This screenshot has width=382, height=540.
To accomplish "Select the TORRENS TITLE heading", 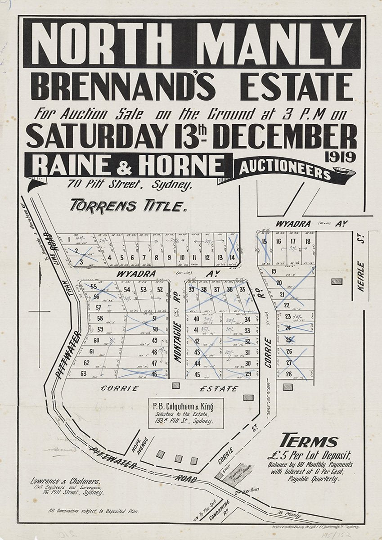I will pyautogui.click(x=128, y=206).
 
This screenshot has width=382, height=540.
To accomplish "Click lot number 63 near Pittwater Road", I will pyautogui.click(x=84, y=373).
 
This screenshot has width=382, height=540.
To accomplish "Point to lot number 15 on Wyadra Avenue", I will pyautogui.click(x=264, y=242).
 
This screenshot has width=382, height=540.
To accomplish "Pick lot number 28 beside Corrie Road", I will pyautogui.click(x=288, y=373).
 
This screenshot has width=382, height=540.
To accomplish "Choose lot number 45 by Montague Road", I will pyautogui.click(x=197, y=374).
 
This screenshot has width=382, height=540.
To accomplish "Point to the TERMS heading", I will pyautogui.click(x=308, y=441).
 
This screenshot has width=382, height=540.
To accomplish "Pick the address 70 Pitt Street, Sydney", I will pyautogui.click(x=130, y=184).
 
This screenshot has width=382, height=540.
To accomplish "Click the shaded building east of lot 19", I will pyautogui.click(x=336, y=281).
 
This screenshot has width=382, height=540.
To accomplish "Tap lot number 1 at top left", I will pyautogui.click(x=69, y=240).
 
